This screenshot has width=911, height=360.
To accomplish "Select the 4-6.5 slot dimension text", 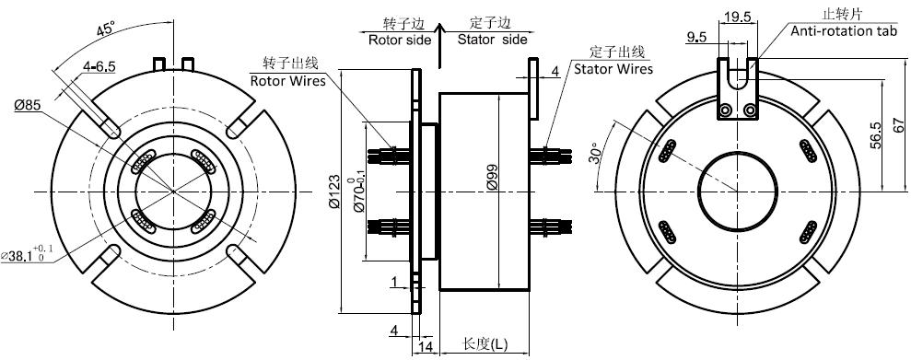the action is click(x=99, y=67).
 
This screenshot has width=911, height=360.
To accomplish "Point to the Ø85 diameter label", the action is click(x=28, y=105).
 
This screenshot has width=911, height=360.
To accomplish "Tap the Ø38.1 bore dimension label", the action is click(x=27, y=254).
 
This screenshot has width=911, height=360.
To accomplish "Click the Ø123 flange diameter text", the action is click(x=333, y=191).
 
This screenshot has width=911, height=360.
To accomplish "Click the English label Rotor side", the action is click(x=400, y=41).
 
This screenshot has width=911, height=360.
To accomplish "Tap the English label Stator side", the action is click(x=493, y=41).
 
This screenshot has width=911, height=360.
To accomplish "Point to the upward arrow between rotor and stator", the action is click(x=440, y=44).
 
